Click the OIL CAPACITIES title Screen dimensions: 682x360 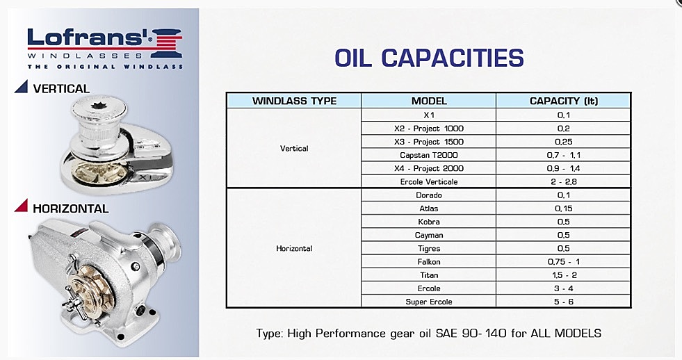pos(429,58)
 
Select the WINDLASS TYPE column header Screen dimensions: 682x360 pos(294,101)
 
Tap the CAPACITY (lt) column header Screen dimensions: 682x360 pos(564,101)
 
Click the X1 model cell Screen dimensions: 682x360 pos(429,115)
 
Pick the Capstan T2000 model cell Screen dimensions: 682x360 pos(429,155)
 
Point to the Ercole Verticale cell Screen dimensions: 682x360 pos(429,182)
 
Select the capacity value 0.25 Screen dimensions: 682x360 pos(564,142)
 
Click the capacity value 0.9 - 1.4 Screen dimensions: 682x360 pos(564,168)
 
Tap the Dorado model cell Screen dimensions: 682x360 pos(429,195)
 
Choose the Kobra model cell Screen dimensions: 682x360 pos(429,222)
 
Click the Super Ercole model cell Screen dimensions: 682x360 pos(429,302)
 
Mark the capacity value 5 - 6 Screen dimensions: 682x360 pos(564,302)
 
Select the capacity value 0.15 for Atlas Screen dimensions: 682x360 pos(564,208)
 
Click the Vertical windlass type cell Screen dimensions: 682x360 pos(294,148)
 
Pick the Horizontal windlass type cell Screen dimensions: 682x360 pos(294,249)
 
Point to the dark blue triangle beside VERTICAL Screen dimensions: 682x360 pos(22,86)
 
